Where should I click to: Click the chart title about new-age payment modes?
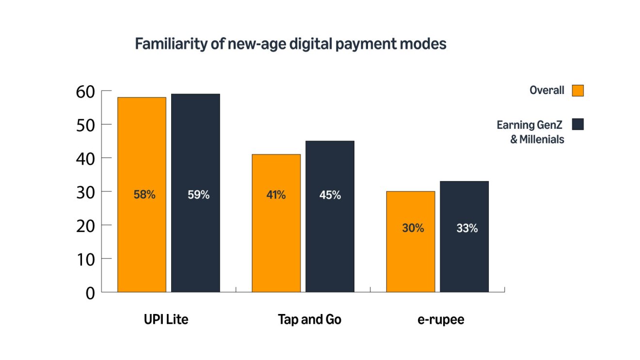pyautogui.click(x=290, y=44)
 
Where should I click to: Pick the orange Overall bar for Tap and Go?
pyautogui.click(x=276, y=242)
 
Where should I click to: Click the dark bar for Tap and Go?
pyautogui.click(x=330, y=242)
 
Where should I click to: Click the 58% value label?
pyautogui.click(x=144, y=195)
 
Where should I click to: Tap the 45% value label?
pyautogui.click(x=330, y=195)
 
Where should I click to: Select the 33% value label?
pyautogui.click(x=467, y=228)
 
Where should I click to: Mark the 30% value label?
pyautogui.click(x=413, y=228)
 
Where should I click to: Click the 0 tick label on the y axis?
pyautogui.click(x=91, y=293)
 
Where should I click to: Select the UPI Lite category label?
pyautogui.click(x=166, y=320)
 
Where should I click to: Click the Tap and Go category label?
pyautogui.click(x=309, y=320)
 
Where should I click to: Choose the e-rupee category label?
pyautogui.click(x=441, y=320)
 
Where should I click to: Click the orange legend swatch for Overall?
pyautogui.click(x=577, y=91)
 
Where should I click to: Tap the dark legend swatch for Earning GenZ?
pyautogui.click(x=577, y=125)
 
